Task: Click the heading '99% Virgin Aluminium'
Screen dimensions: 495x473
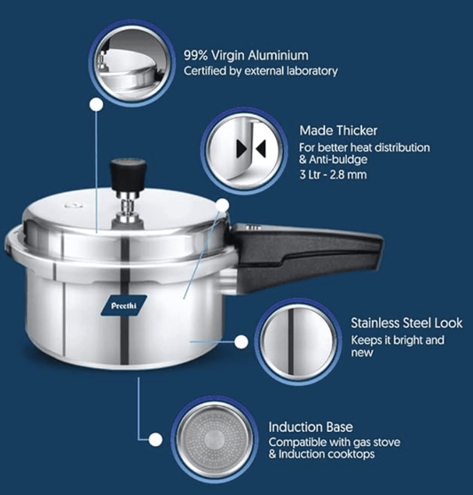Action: click(246, 53)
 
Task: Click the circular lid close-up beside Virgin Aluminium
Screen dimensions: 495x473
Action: click(129, 60)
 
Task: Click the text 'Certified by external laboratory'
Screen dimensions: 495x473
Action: click(260, 71)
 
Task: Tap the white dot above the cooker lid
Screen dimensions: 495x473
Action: click(94, 104)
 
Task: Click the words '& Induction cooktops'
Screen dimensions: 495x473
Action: click(320, 454)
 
